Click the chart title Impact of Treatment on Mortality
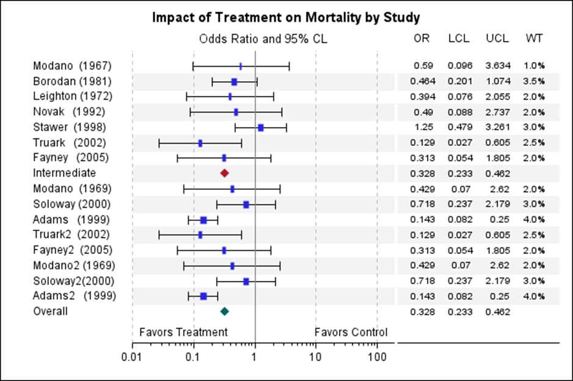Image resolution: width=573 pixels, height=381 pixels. [286, 17]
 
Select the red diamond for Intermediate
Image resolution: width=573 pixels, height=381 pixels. [224, 173]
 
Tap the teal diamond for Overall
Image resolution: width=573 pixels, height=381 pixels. [224, 311]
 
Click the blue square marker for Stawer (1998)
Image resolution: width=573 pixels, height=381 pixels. [261, 128]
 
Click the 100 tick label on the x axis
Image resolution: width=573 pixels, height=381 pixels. [377, 357]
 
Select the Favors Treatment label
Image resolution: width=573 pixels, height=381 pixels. [183, 332]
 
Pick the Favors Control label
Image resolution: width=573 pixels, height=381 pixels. [351, 332]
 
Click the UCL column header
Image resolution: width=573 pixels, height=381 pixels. [497, 38]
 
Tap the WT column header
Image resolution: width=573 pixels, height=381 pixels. [534, 38]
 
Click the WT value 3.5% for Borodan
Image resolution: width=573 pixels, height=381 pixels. [534, 81]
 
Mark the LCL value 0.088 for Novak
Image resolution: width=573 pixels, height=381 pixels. [458, 112]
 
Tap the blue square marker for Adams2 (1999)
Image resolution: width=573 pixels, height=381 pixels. [203, 296]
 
